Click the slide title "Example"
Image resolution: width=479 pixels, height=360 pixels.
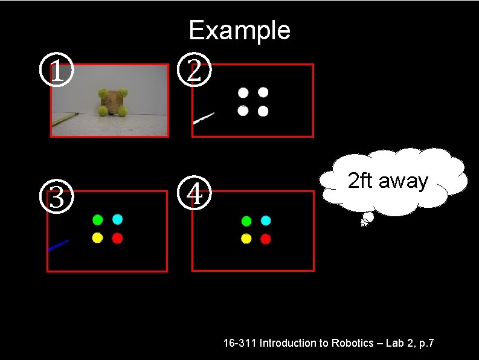pyautogui.click(x=239, y=30)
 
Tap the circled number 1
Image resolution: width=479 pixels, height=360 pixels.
pyautogui.click(x=56, y=72)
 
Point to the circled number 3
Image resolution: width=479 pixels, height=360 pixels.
pyautogui.click(x=56, y=197)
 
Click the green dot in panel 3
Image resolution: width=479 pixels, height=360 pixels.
pyautogui.click(x=97, y=219)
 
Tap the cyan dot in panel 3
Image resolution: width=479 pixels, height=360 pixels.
pyautogui.click(x=117, y=219)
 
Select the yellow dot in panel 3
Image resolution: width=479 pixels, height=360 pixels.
pyautogui.click(x=97, y=238)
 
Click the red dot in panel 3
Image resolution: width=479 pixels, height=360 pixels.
pyautogui.click(x=117, y=238)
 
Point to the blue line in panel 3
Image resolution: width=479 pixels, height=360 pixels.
pyautogui.click(x=59, y=245)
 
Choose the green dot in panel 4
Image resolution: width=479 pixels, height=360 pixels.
pyautogui.click(x=246, y=220)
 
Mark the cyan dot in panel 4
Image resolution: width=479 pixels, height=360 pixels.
pyautogui.click(x=265, y=220)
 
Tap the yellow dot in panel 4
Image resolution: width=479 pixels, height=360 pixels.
pyautogui.click(x=246, y=239)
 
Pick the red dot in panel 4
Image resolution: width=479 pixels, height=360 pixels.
pyautogui.click(x=265, y=239)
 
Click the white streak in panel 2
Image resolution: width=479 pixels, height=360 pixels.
pyautogui.click(x=204, y=118)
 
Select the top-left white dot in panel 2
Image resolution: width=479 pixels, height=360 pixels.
pyautogui.click(x=243, y=92)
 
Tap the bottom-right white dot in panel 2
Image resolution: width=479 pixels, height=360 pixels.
pyautogui.click(x=263, y=111)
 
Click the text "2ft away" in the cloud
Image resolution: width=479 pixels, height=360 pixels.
pyautogui.click(x=388, y=181)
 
